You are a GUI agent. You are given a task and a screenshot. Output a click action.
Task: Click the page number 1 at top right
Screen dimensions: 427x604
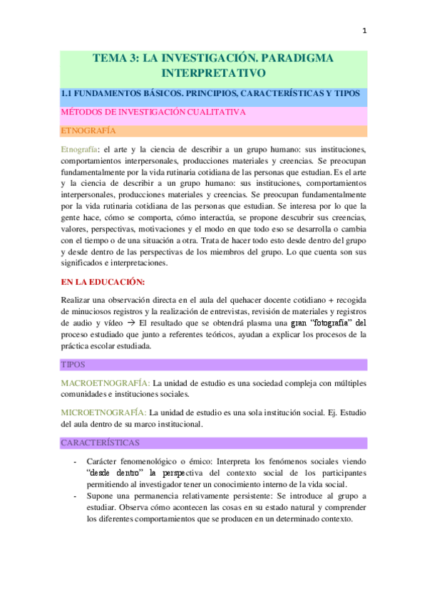pos(365,31)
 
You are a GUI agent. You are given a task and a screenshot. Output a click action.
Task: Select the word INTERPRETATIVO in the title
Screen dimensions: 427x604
pos(214,73)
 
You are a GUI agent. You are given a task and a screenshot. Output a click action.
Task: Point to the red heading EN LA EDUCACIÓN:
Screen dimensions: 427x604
pos(104,281)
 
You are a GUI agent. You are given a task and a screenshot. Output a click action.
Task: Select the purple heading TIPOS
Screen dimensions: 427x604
pos(73,365)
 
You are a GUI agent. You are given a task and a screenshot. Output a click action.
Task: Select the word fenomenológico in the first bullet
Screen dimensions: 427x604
pos(158,462)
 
